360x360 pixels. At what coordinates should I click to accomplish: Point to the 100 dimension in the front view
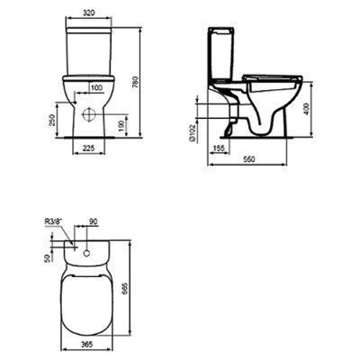95,88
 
